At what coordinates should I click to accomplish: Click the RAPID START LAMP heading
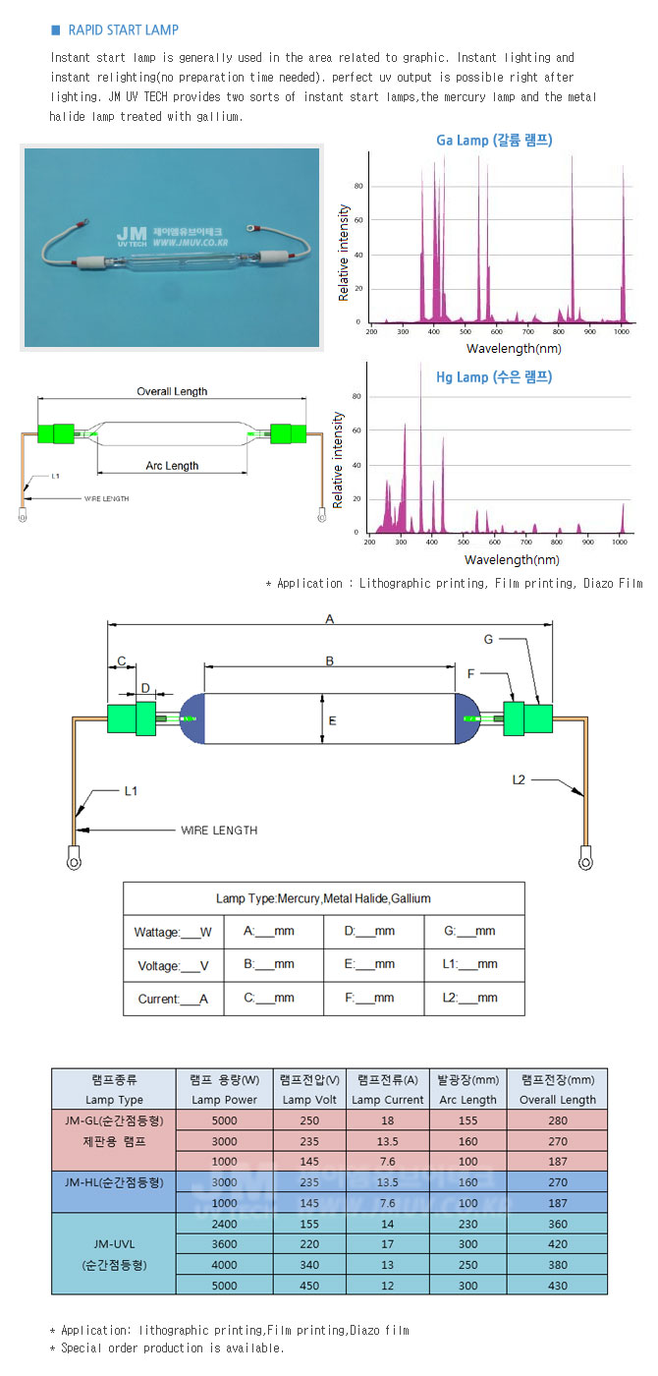[x=123, y=30]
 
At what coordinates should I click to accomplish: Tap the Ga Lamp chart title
[x=494, y=141]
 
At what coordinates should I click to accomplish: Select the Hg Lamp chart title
[x=494, y=376]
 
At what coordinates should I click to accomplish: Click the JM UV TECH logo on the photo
[x=131, y=235]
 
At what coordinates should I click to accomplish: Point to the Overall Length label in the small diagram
[x=172, y=391]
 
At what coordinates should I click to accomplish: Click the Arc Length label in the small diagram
[x=173, y=466]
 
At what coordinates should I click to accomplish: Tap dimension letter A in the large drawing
[x=331, y=619]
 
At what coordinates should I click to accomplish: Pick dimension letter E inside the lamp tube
[x=333, y=720]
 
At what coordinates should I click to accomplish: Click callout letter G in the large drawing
[x=488, y=640]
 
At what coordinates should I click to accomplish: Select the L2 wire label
[x=520, y=779]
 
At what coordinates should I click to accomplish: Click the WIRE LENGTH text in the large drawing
[x=219, y=831]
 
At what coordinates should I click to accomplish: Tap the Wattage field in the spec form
[x=172, y=932]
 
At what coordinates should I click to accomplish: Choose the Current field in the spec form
[x=171, y=999]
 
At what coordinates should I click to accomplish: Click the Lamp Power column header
[x=225, y=1100]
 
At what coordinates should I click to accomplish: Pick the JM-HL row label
[x=114, y=1181]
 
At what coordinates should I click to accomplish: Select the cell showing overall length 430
[x=558, y=1285]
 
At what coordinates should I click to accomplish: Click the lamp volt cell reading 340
[x=309, y=1264]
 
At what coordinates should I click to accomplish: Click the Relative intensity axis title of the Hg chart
[x=337, y=460]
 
